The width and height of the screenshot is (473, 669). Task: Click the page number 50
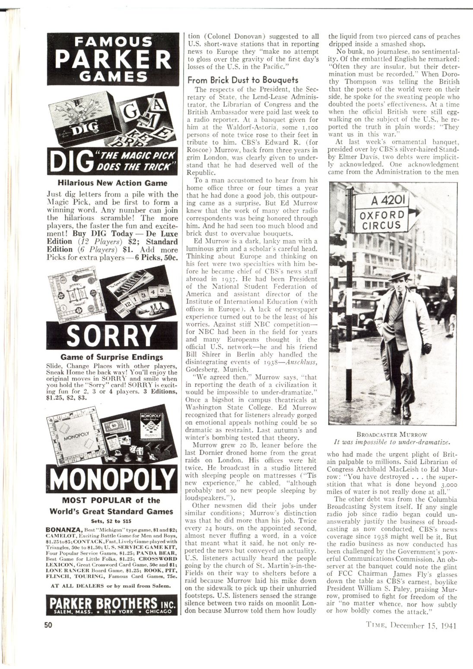(x=47, y=625)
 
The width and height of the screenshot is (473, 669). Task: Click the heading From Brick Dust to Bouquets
(x=243, y=80)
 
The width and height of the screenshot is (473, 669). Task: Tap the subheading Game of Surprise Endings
(x=112, y=357)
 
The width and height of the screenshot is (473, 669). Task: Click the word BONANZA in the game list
(x=64, y=529)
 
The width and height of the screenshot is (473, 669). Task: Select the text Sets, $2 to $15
(x=112, y=521)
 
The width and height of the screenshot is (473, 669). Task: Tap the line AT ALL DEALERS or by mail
(x=112, y=586)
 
